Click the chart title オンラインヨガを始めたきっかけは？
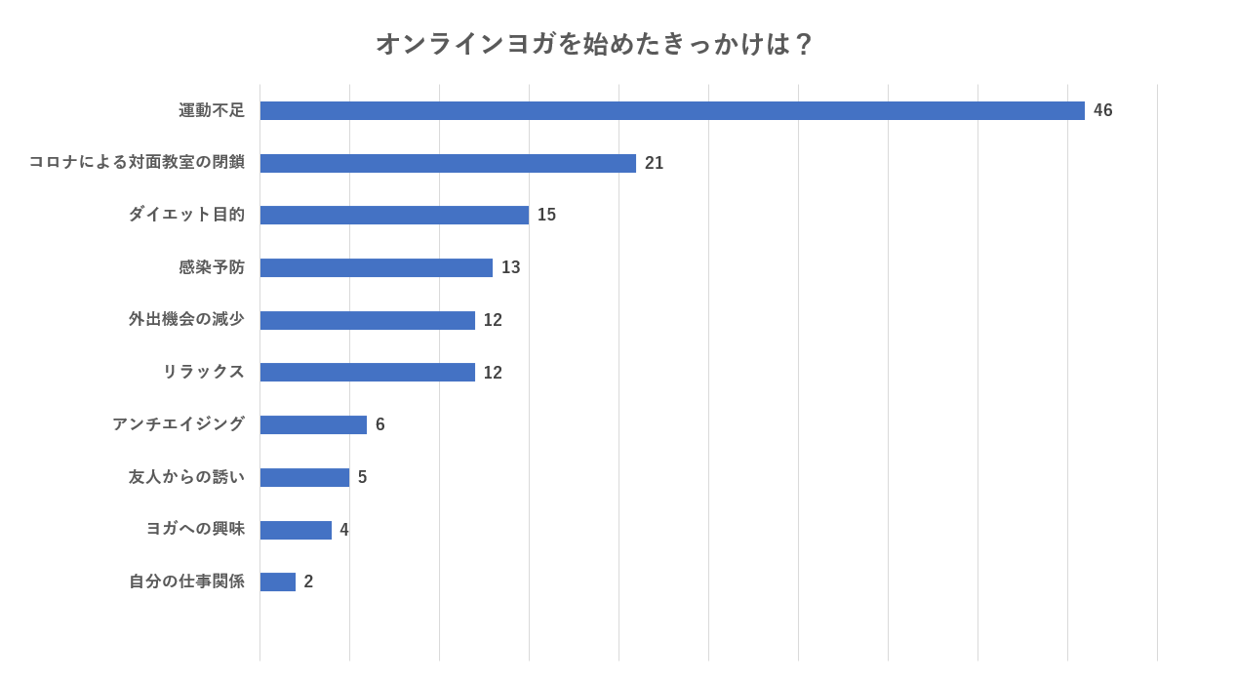coord(594,44)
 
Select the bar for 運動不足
coord(672,110)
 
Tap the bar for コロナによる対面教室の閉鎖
coord(448,163)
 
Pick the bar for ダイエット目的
coord(394,215)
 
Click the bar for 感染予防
coord(377,267)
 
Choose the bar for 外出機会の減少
coord(368,320)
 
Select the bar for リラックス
coord(368,372)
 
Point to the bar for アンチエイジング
coord(313,424)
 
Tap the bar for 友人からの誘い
coord(304,477)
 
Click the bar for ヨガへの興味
coord(296,530)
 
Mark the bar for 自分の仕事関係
coord(278,581)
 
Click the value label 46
coord(1102,110)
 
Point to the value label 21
coord(654,163)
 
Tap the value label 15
coord(546,215)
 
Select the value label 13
coord(510,267)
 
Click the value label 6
coord(379,424)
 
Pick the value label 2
coord(308,581)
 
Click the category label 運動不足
coord(212,110)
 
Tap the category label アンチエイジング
coord(179,424)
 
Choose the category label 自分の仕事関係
coord(186,581)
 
